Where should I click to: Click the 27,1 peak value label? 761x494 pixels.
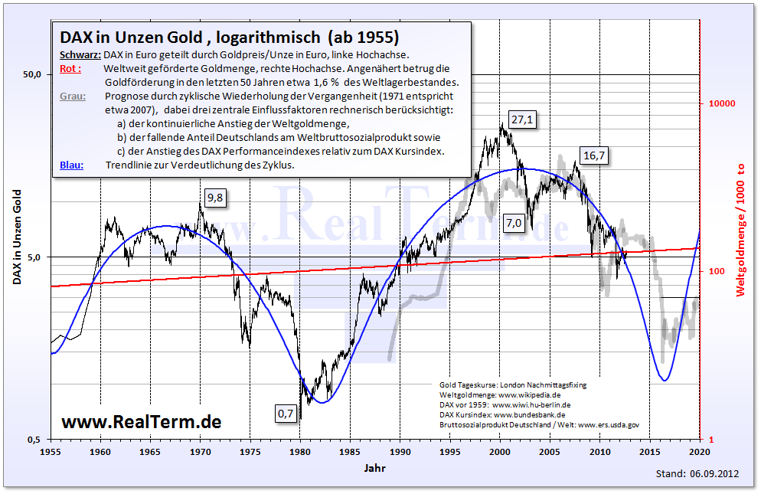(x=523, y=120)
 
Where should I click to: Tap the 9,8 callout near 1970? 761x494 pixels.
(x=217, y=198)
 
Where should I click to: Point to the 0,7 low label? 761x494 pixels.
(x=286, y=414)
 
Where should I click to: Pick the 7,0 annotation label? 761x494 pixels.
(x=513, y=223)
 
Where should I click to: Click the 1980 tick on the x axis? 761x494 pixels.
(x=300, y=452)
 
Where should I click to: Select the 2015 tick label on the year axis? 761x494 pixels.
(x=650, y=452)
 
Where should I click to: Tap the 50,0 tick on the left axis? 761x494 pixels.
(x=32, y=75)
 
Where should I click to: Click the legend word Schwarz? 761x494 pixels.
(x=80, y=54)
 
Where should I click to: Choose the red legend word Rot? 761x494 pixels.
(x=67, y=69)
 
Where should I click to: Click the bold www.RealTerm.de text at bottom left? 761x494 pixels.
(x=141, y=421)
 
